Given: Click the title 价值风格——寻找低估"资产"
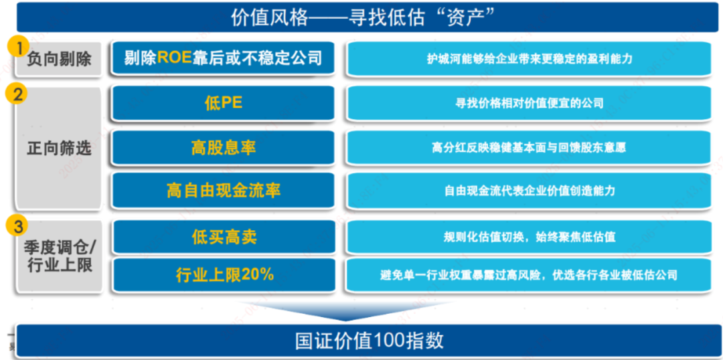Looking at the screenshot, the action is pyautogui.click(x=364, y=17).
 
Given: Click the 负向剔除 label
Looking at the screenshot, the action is pyautogui.click(x=59, y=59).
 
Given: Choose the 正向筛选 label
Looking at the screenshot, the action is pyautogui.click(x=59, y=149).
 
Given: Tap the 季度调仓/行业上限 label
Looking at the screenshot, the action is pyautogui.click(x=59, y=257).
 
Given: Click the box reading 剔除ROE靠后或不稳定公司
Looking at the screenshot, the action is pyautogui.click(x=223, y=58).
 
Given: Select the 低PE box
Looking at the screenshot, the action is pyautogui.click(x=223, y=103).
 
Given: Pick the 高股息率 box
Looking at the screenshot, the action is pyautogui.click(x=223, y=147).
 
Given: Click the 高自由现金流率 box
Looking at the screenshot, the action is pyautogui.click(x=223, y=190).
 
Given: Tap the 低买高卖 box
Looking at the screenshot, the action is pyautogui.click(x=224, y=237).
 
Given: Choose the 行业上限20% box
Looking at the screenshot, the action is pyautogui.click(x=224, y=275).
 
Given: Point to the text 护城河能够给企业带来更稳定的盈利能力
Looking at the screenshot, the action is pyautogui.click(x=529, y=59).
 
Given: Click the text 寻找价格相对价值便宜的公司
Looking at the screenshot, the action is pyautogui.click(x=529, y=103).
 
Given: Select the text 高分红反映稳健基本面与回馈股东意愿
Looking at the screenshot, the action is pyautogui.click(x=529, y=148).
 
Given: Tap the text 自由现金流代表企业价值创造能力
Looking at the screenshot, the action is pyautogui.click(x=529, y=191).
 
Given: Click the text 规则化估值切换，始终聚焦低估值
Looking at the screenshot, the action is pyautogui.click(x=529, y=238).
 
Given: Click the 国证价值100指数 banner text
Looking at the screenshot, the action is pyautogui.click(x=370, y=341).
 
